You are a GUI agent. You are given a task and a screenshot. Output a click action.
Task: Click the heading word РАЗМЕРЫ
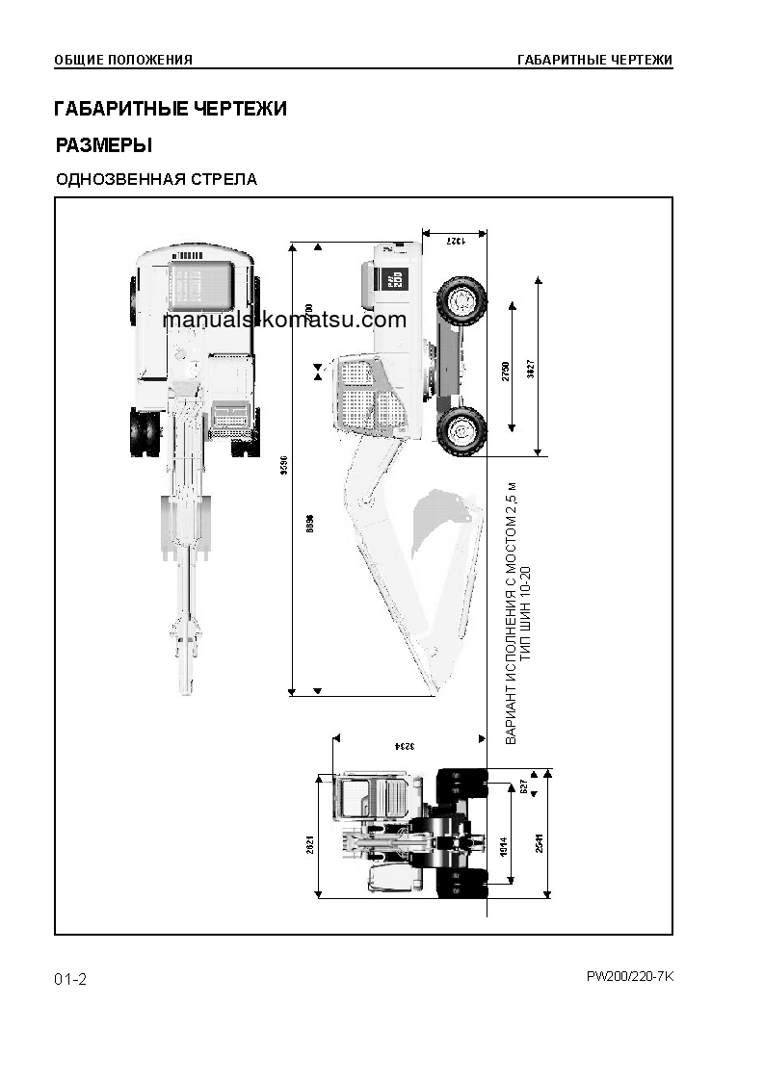[x=103, y=146]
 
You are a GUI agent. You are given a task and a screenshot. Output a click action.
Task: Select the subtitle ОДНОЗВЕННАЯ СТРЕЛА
[x=156, y=180]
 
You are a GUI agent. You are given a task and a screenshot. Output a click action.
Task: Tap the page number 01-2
[x=70, y=980]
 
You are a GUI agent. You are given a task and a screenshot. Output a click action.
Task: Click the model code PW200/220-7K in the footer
[x=629, y=976]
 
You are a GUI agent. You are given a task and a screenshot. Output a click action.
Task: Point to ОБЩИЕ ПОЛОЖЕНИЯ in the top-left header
[x=123, y=60]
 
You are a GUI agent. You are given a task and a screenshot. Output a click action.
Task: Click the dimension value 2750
[x=506, y=372]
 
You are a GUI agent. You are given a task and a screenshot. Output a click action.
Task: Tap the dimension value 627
[x=524, y=785]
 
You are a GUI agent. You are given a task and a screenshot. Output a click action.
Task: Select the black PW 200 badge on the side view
[x=395, y=278]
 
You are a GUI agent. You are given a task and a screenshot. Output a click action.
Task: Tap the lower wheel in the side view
[x=461, y=429]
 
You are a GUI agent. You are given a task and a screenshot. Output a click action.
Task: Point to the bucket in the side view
[x=445, y=524]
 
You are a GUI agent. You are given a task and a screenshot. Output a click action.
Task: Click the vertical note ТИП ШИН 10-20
[x=525, y=611]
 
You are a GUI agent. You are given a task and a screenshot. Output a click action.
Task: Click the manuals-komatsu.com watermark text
[x=284, y=321]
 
